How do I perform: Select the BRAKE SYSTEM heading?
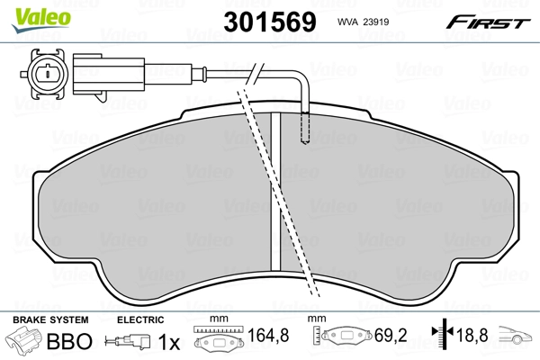pos(50,320)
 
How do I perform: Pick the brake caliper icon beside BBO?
pos(25,342)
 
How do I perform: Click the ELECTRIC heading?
pos(141,320)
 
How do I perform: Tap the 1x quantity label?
pos(169,342)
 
